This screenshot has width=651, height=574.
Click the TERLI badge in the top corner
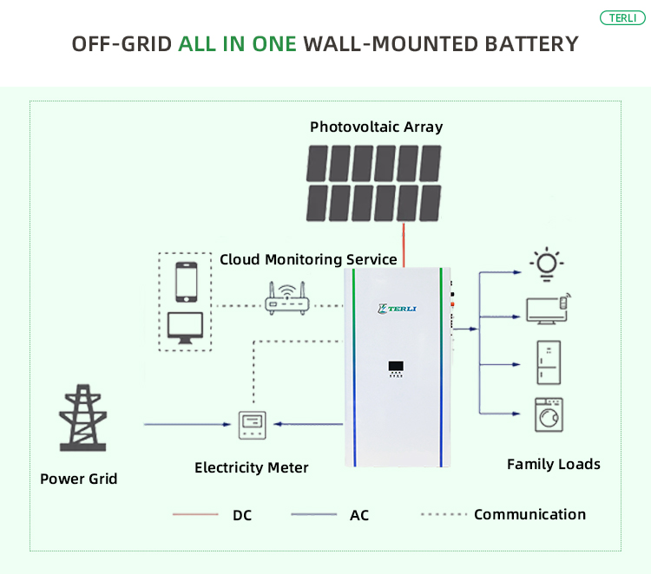tap(622, 18)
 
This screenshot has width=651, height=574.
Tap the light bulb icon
tap(547, 264)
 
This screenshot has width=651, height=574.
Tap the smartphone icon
tap(186, 280)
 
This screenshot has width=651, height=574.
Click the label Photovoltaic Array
tap(376, 127)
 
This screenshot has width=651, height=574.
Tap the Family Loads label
tap(553, 465)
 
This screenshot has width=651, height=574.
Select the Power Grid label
tap(78, 479)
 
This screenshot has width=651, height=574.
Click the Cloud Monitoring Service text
tap(308, 259)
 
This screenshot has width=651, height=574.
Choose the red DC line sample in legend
tap(195, 515)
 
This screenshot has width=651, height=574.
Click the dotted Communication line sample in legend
tap(443, 515)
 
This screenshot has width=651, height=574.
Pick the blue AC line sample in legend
tap(313, 515)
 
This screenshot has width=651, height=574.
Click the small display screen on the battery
tap(396, 368)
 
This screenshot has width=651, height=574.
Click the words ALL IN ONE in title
tap(238, 43)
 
